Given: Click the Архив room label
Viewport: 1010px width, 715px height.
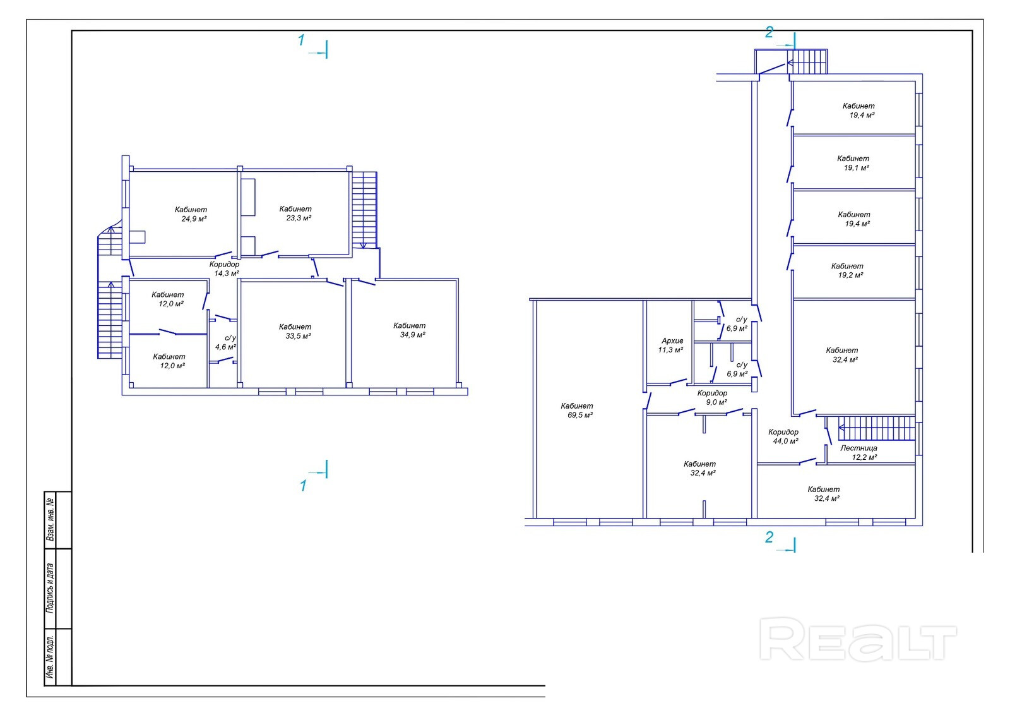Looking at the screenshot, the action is tap(672, 341).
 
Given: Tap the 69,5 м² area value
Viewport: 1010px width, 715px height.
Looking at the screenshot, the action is tap(580, 415).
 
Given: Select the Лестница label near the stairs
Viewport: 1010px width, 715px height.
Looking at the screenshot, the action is tap(858, 448).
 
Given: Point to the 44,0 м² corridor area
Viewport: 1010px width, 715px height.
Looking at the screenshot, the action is tap(786, 441).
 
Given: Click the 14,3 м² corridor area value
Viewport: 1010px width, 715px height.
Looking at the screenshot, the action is tap(227, 273).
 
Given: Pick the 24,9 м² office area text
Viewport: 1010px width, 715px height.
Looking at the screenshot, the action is tap(194, 219).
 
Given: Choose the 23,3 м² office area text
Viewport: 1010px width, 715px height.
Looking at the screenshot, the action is tap(299, 218).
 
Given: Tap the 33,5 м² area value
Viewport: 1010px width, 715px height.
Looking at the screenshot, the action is tap(298, 336).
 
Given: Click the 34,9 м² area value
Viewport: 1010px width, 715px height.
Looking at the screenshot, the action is tap(413, 335).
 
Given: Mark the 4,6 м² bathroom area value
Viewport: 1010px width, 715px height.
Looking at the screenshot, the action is tap(225, 347).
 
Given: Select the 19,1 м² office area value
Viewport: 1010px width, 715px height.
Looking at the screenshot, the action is tap(856, 168).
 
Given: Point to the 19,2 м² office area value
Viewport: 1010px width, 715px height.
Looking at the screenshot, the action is tap(850, 275).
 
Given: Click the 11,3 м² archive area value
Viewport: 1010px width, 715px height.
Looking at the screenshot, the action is tap(670, 350).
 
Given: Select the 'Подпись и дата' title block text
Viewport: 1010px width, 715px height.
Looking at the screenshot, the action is tap(50, 588).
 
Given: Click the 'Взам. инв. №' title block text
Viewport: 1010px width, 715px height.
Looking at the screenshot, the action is tap(50, 520).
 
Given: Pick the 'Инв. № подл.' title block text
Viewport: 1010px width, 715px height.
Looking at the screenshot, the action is tap(50, 657).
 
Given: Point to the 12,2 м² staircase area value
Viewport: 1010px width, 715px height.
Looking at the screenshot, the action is tap(864, 457).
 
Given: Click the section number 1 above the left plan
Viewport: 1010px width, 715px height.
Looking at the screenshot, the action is tap(301, 40).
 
